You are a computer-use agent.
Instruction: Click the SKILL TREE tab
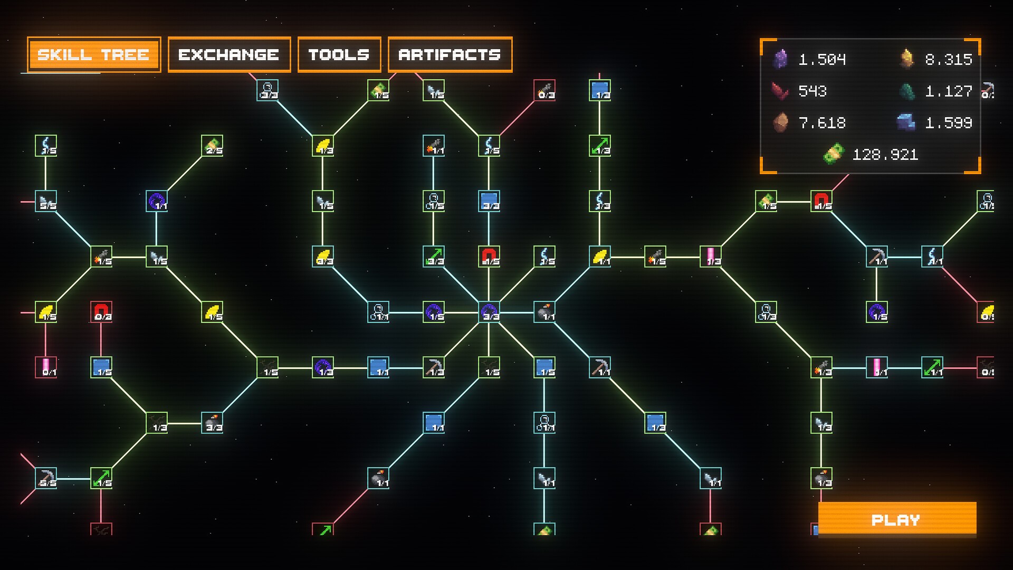click(x=94, y=54)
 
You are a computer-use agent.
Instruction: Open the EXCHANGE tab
click(x=229, y=54)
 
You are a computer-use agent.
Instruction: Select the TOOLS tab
click(x=339, y=54)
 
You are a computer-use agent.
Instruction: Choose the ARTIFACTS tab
click(x=450, y=54)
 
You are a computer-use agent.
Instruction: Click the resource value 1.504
click(x=822, y=59)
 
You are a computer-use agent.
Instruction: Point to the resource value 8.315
click(x=948, y=59)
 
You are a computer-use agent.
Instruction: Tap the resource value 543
click(x=813, y=91)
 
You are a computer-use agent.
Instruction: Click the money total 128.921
click(x=885, y=154)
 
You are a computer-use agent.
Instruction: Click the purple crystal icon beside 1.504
click(x=780, y=59)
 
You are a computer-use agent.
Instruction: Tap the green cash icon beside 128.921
click(x=833, y=154)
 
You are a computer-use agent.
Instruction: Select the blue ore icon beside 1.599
click(x=906, y=122)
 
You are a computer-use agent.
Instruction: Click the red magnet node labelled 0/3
click(x=101, y=312)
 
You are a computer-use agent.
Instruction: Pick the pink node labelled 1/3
click(x=711, y=256)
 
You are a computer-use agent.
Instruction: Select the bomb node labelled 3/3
click(x=212, y=423)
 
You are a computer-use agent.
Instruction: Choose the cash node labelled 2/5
click(x=212, y=146)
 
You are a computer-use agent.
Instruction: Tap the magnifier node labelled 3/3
click(x=267, y=90)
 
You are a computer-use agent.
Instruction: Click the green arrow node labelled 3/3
click(x=434, y=256)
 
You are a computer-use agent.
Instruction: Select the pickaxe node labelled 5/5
click(x=46, y=478)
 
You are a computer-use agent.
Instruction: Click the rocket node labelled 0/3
click(x=544, y=90)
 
